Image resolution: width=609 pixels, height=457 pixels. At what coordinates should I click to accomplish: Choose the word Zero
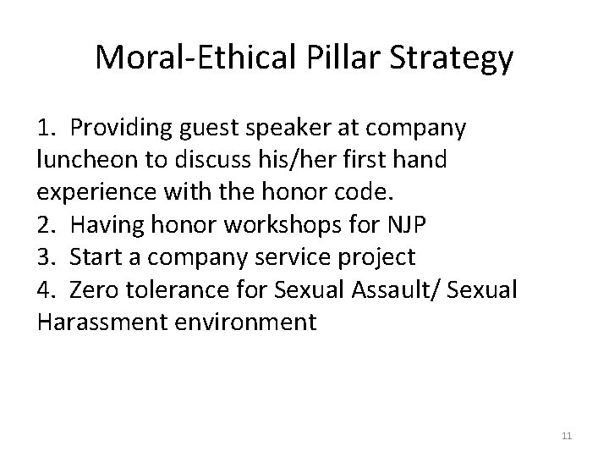pos(96,290)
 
